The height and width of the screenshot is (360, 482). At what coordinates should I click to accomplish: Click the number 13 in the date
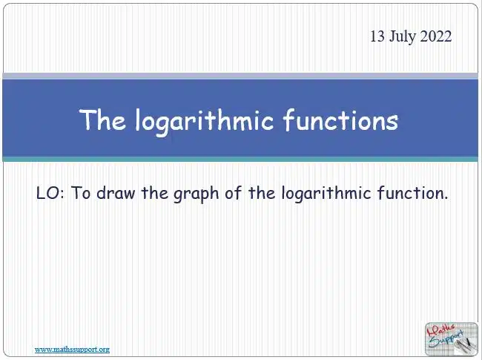point(377,36)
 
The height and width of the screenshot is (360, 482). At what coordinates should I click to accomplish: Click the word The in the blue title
point(102,120)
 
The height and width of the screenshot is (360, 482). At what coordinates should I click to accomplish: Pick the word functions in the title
point(340,120)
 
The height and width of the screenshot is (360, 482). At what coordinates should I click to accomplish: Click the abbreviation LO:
point(50,193)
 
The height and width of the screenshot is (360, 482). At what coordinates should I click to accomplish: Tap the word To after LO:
point(81,193)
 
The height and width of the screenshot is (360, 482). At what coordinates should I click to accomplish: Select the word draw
point(116,193)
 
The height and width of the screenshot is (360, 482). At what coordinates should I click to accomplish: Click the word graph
point(196,194)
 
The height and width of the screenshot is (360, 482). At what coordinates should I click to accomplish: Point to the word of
point(232,193)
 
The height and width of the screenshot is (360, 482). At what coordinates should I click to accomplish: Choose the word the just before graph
point(154,193)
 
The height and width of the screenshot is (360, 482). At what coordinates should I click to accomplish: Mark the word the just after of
point(261,193)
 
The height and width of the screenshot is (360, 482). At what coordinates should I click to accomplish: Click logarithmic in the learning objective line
point(326,194)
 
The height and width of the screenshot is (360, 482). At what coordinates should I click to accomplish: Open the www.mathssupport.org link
point(72,350)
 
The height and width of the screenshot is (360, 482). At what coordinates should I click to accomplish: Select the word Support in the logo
point(445,340)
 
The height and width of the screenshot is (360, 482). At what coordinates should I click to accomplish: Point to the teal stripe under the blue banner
point(240,159)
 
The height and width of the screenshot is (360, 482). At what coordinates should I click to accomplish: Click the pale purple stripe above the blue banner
point(240,76)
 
